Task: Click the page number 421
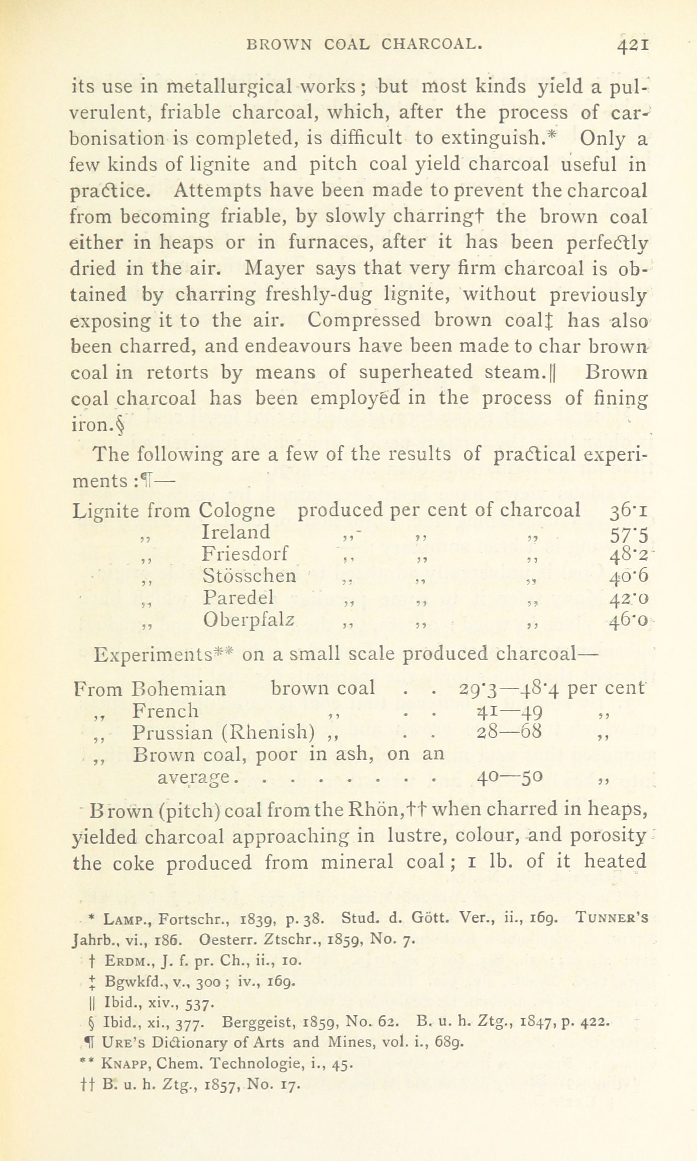coord(634,46)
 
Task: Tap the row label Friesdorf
coord(246,554)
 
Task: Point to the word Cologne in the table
coord(237,511)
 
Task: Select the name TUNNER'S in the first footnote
coord(612,919)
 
